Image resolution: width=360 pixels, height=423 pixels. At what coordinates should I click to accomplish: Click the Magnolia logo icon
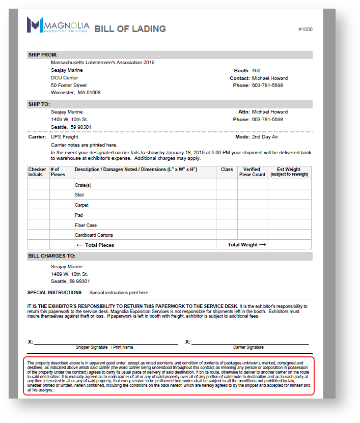pyautogui.click(x=35, y=24)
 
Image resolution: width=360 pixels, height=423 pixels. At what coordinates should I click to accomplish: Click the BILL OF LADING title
pyautogui.click(x=130, y=29)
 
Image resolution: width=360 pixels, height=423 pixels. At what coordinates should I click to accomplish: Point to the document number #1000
pyautogui.click(x=306, y=30)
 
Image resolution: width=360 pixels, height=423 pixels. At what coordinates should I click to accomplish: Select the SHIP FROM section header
pyautogui.click(x=43, y=55)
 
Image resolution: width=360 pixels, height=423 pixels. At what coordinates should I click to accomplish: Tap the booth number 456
pyautogui.click(x=256, y=71)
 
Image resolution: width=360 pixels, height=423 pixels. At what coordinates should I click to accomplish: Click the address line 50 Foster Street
pyautogui.click(x=69, y=86)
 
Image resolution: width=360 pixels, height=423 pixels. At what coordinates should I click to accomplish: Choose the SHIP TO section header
pyautogui.click(x=39, y=104)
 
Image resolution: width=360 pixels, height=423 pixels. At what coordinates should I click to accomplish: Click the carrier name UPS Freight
pyautogui.click(x=65, y=137)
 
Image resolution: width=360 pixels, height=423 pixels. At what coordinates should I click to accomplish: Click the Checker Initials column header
pyautogui.click(x=37, y=172)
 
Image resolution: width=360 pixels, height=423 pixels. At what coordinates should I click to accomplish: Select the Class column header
pyautogui.click(x=227, y=170)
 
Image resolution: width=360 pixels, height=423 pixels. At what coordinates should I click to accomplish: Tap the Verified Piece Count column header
pyautogui.click(x=252, y=172)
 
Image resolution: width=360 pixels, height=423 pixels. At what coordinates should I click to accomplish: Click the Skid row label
pyautogui.click(x=79, y=195)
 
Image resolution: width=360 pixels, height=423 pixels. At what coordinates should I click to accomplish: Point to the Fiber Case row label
pyautogui.click(x=86, y=225)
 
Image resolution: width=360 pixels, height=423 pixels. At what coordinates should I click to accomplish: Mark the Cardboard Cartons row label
pyautogui.click(x=94, y=235)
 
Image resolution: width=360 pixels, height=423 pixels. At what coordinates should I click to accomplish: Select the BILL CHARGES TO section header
pyautogui.click(x=51, y=256)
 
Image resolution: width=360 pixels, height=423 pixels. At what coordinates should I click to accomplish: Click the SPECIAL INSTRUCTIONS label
pyautogui.click(x=55, y=293)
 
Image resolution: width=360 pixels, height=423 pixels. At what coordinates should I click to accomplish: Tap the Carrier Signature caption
pyautogui.click(x=248, y=347)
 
